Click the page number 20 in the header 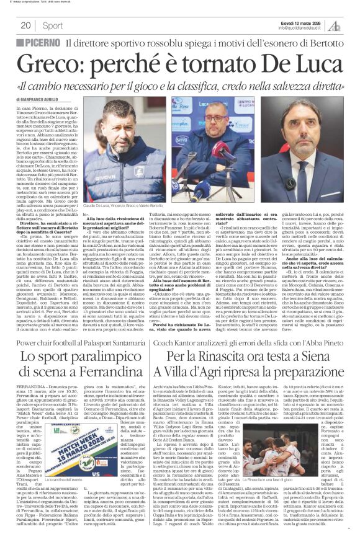click(x=25, y=25)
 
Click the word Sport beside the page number click(x=53, y=25)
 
